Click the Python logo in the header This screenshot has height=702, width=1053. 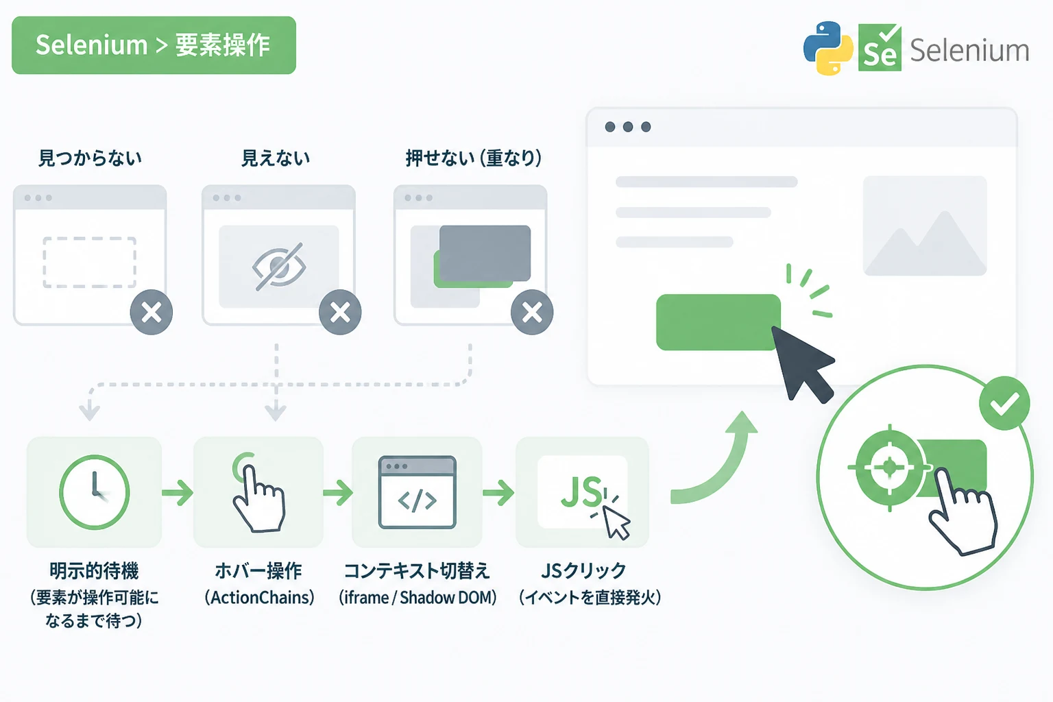828,48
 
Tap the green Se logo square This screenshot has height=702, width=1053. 880,47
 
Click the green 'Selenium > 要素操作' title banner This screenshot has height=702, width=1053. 154,45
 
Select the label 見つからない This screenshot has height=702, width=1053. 90,158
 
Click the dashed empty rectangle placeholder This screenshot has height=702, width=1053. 89,262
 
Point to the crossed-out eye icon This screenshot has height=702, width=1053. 279,267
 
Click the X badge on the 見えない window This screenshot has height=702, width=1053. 340,312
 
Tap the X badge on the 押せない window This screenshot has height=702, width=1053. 532,312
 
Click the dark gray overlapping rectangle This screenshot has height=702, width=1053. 485,253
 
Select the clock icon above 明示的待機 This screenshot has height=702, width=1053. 94,492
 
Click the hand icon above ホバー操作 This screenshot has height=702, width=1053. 258,493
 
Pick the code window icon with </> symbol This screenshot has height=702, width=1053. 417,492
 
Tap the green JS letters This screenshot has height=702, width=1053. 581,491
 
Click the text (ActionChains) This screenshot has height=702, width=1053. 260,598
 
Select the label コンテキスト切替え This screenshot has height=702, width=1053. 417,571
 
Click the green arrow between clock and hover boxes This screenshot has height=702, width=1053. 178,493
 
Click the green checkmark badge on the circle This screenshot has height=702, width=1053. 1004,403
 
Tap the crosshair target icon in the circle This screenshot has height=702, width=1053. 889,468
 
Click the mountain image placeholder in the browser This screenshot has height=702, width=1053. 925,226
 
